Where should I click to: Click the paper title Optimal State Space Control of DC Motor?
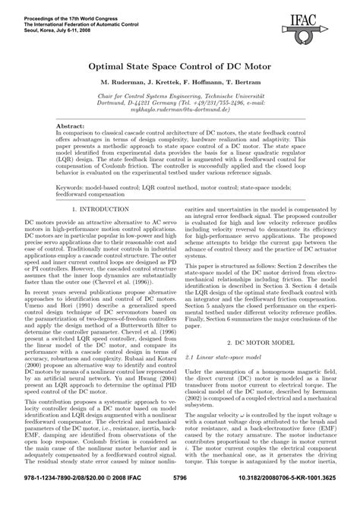click(x=179, y=68)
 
